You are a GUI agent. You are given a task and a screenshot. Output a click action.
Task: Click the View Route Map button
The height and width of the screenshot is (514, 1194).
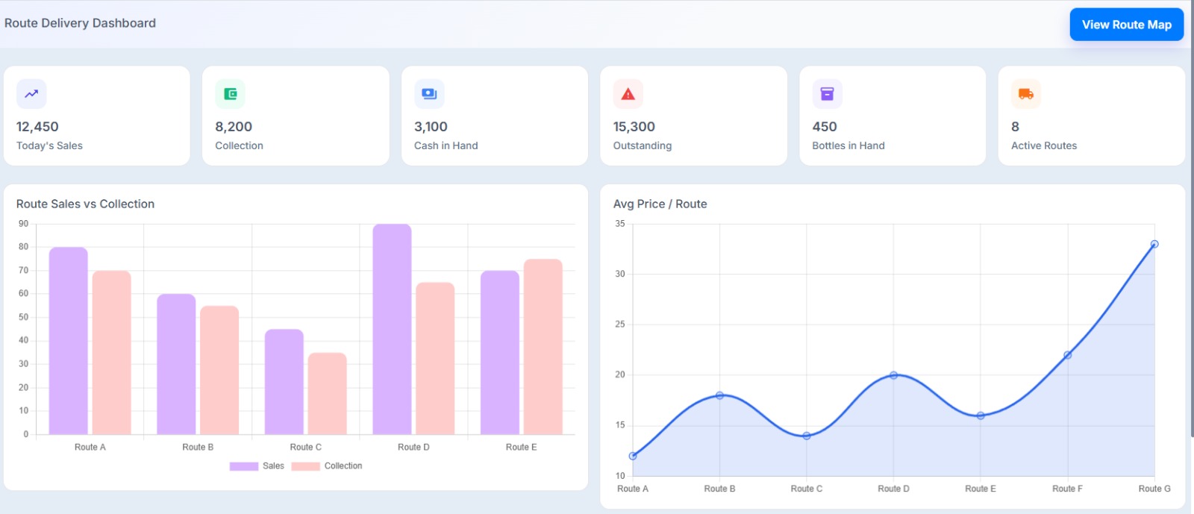[x=1126, y=25]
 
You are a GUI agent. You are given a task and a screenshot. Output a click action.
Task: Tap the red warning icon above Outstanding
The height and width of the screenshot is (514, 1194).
[x=628, y=94]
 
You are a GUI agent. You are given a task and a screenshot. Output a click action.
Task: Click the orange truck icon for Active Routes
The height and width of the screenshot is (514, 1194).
[x=1025, y=94]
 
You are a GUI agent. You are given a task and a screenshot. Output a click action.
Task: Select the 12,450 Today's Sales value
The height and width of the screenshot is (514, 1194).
[x=37, y=127]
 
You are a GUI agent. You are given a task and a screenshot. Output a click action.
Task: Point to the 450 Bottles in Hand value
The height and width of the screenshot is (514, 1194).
[x=824, y=127]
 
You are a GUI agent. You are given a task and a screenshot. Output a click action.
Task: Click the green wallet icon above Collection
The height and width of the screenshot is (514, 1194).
[x=230, y=94]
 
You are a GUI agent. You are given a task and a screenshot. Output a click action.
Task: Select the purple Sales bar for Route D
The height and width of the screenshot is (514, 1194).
[x=392, y=328]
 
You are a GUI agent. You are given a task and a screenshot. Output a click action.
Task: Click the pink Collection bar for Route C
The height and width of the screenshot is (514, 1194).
[x=327, y=393]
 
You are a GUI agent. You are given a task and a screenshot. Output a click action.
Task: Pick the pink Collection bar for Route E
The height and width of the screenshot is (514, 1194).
[x=543, y=347]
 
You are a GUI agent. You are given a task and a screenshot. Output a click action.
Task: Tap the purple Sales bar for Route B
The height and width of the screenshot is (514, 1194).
[x=176, y=364]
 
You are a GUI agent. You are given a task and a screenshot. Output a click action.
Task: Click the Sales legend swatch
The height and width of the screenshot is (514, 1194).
[x=244, y=466]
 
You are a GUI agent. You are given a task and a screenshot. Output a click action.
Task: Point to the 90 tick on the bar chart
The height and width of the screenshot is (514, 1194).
[x=24, y=224]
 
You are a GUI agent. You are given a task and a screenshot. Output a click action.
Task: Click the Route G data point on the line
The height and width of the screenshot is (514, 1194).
[x=1154, y=244]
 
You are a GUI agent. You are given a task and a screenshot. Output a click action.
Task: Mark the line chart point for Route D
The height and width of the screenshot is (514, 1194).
[x=893, y=375]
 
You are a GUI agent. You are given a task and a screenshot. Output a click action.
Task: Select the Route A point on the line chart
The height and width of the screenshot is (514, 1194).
[x=633, y=456]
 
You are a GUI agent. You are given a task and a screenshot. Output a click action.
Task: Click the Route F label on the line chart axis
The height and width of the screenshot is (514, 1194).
[x=1066, y=489]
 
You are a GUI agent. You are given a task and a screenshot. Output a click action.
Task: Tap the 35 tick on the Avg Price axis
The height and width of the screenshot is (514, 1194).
[x=619, y=224]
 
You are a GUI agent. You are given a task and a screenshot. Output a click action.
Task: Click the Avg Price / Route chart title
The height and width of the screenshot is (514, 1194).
[x=660, y=204]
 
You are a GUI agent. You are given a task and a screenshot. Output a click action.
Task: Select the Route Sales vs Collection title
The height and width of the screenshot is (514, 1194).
[x=85, y=204]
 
